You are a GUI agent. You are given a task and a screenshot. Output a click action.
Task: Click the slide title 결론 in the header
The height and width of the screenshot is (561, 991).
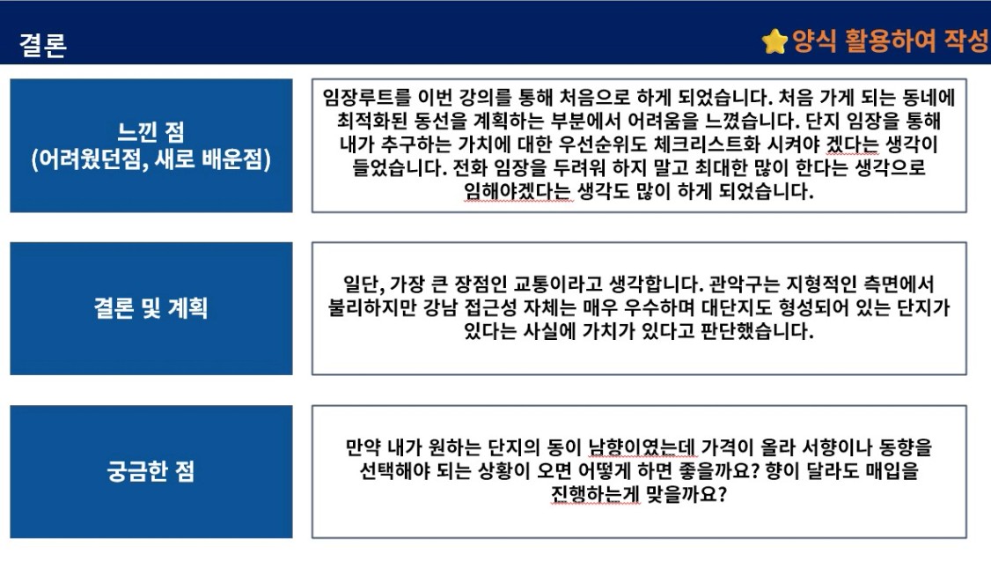point(43,45)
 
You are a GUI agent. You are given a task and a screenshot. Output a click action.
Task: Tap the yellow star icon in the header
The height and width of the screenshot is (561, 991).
point(774,41)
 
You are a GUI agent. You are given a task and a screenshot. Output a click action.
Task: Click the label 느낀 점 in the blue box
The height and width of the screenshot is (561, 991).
point(151,132)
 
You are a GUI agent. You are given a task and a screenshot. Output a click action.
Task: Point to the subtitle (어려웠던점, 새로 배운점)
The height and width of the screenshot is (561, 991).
point(151,159)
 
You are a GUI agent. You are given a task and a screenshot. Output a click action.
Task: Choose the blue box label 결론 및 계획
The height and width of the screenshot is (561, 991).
point(151,308)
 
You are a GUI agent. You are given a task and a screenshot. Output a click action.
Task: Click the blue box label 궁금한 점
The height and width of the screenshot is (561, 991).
point(151,471)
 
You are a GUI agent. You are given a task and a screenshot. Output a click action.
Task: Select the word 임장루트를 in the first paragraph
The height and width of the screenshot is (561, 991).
point(367,98)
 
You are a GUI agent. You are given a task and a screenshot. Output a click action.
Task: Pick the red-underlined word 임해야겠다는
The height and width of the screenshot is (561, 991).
point(518,191)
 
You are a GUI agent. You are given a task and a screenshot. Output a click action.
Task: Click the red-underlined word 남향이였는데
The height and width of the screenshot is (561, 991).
point(642,447)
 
